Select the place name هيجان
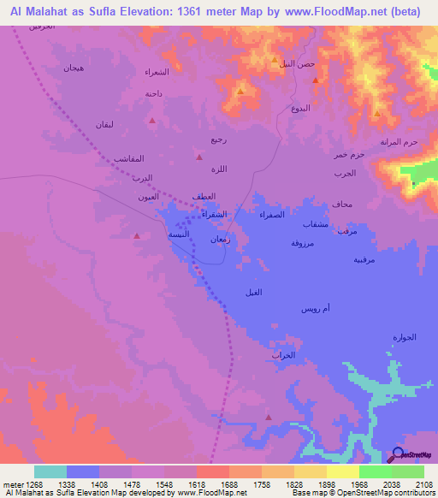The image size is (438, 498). coord(74,68)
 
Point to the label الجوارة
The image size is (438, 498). coord(403,336)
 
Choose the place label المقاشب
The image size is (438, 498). coord(128,158)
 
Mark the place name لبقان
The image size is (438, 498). coord(100,126)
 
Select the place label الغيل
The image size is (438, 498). coord(254,293)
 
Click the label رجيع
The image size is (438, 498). coord(219,139)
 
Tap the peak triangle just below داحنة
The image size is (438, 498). coord(152,121)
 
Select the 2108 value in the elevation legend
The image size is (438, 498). coord(423,484)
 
